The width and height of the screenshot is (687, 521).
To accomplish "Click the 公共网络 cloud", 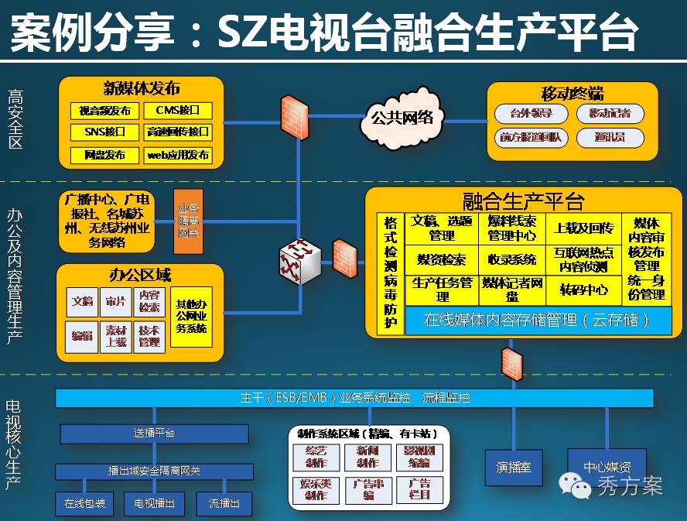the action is coord(402,118).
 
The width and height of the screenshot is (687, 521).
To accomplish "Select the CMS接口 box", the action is coord(178,111).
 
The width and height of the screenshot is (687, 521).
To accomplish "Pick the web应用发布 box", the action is coord(178,155).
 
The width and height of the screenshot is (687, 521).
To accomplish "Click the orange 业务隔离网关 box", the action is coord(188,221).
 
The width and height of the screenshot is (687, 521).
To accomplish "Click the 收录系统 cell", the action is coord(512,259).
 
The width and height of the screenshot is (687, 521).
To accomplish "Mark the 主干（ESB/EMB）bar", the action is coord(354,398).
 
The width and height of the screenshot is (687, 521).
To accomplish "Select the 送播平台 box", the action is coord(155,434).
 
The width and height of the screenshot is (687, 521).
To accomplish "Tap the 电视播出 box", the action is coord(155,504).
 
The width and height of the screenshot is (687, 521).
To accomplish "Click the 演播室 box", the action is coord(514,468).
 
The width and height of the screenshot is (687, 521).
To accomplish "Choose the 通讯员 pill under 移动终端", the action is coord(610,137).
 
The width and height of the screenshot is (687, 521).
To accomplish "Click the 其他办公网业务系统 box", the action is coord(191,316).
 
